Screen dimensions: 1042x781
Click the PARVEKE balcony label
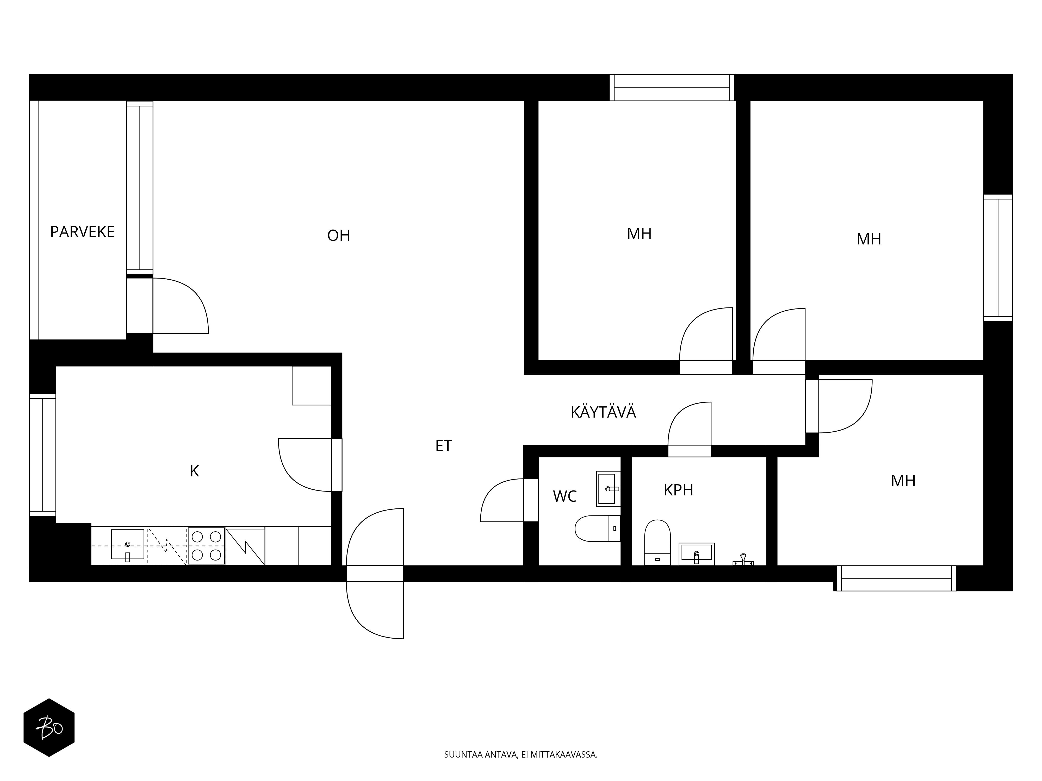pyautogui.click(x=82, y=232)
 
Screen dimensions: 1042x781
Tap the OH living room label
pyautogui.click(x=339, y=235)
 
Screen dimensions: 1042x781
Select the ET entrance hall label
pyautogui.click(x=443, y=446)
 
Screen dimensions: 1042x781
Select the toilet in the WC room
pyautogui.click(x=597, y=529)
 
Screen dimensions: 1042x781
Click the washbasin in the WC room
pyautogui.click(x=608, y=489)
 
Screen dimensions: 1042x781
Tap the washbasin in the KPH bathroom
pyautogui.click(x=696, y=554)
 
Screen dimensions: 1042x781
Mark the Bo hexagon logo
pyautogui.click(x=49, y=728)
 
